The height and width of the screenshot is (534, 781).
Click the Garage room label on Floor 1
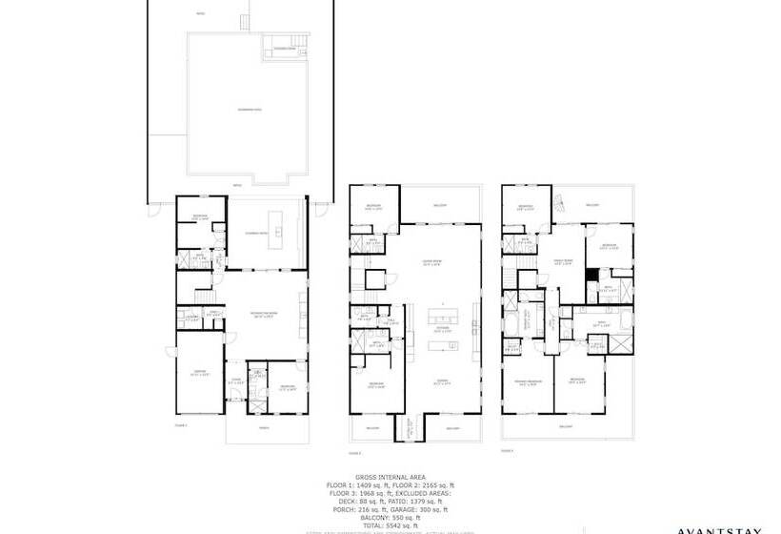tap(199, 373)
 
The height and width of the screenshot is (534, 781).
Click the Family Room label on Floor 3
tap(563, 261)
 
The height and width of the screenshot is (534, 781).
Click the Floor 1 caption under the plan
tap(182, 424)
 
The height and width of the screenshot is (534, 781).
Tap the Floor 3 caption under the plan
tap(509, 450)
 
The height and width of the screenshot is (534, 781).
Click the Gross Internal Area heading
tap(390, 476)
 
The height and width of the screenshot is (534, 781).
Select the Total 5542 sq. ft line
tap(390, 525)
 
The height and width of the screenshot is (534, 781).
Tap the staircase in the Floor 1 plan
tap(201, 290)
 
